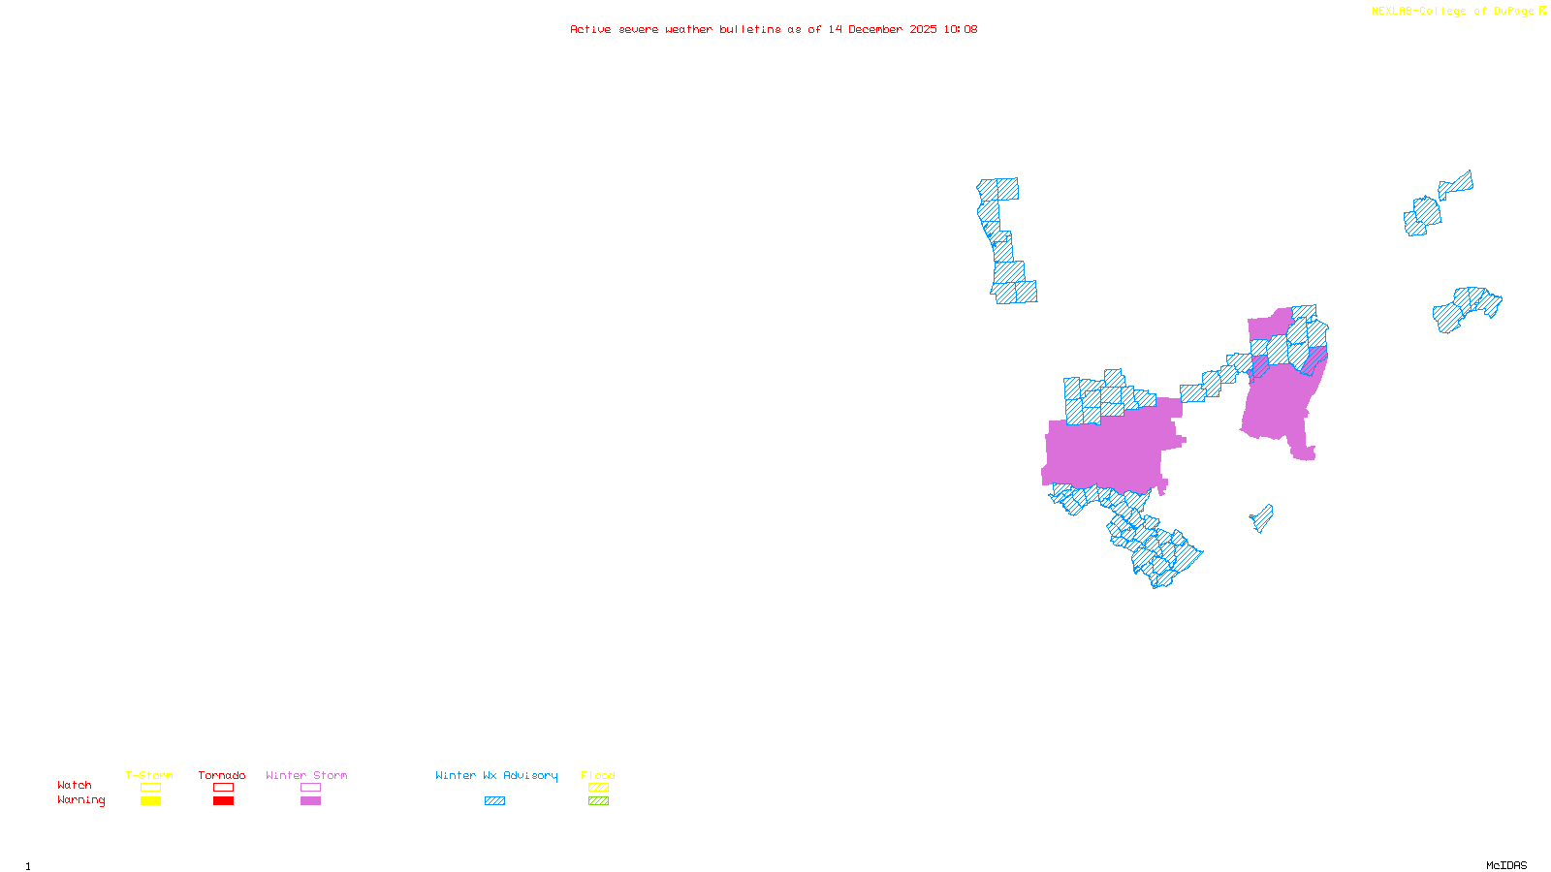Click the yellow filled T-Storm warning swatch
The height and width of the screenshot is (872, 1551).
(x=150, y=801)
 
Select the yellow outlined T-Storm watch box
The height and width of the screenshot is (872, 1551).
(x=150, y=788)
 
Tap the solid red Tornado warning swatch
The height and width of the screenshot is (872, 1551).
(x=223, y=801)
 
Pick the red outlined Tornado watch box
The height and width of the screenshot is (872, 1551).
(x=223, y=788)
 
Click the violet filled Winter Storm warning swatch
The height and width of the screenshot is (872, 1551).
(x=310, y=801)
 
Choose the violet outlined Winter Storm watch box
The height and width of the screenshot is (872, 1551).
(x=310, y=788)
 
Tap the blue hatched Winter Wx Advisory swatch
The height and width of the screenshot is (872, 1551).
(x=494, y=801)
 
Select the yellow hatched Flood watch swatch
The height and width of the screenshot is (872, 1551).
(x=598, y=788)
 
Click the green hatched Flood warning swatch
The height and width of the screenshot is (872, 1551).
(x=598, y=801)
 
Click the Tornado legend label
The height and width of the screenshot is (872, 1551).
(x=222, y=775)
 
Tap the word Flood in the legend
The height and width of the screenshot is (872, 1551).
(x=598, y=775)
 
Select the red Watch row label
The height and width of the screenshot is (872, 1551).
(x=75, y=786)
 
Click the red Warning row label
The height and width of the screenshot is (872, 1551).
(x=80, y=800)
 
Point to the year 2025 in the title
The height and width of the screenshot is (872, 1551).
(x=923, y=30)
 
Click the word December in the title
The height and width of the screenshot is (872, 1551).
(x=875, y=30)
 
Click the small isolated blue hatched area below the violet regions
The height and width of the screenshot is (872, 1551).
(x=1262, y=518)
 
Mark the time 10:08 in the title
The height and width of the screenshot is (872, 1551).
(x=961, y=30)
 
